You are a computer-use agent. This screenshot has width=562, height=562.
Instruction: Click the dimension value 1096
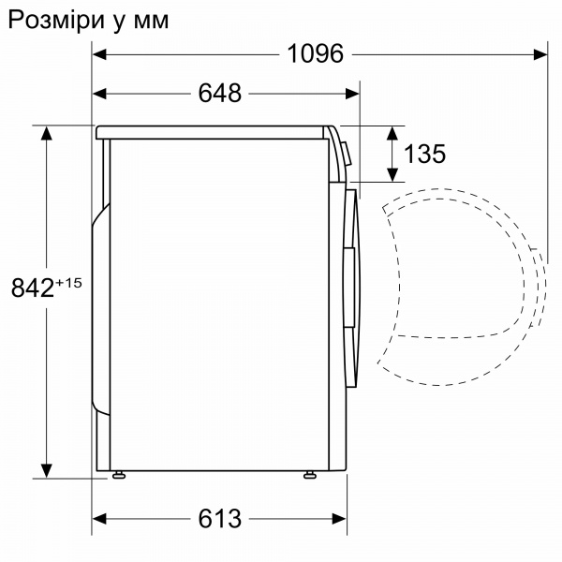point(317,54)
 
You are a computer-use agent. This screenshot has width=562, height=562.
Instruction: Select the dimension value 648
point(221,93)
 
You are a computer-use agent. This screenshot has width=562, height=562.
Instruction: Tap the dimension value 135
point(425,154)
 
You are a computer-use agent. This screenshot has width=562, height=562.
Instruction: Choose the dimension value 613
point(221,518)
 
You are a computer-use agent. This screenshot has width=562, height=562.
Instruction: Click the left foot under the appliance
point(119,475)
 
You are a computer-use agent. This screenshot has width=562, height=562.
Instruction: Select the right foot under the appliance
point(309,475)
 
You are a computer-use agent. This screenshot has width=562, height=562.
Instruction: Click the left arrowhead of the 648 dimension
point(100,93)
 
